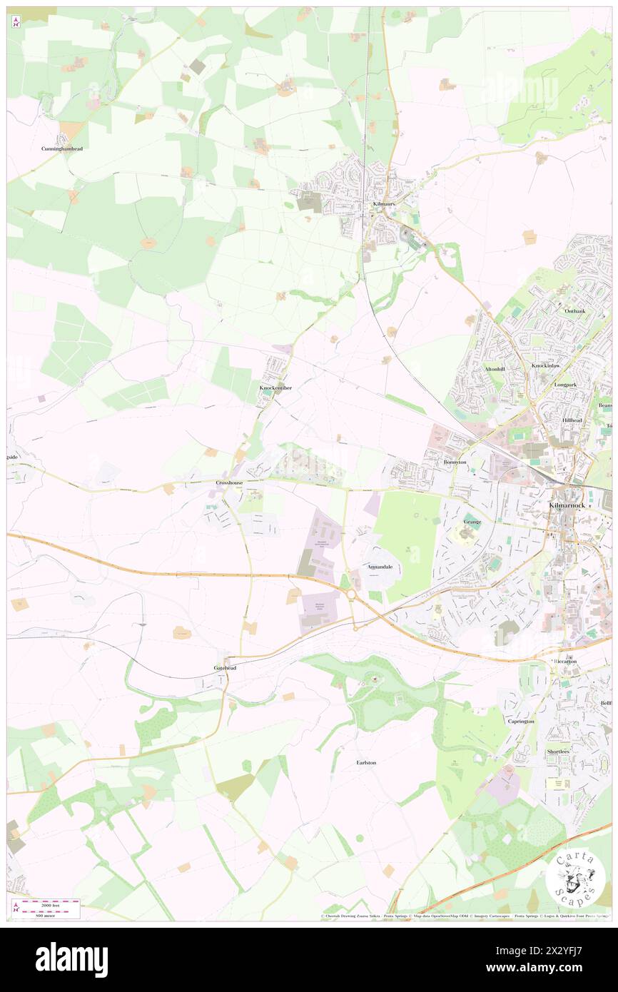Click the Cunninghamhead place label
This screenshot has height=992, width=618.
61,148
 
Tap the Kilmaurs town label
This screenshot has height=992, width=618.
384,204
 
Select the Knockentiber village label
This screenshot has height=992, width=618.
275,388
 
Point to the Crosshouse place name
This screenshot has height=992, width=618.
230,483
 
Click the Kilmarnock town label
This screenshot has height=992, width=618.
568,505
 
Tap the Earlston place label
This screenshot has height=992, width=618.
366,763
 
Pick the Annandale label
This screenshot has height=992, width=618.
380,567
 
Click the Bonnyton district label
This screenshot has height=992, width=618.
455,462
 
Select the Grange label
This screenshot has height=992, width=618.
472,522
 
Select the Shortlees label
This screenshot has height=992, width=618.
558,751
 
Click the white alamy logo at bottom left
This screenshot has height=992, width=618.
71,960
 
